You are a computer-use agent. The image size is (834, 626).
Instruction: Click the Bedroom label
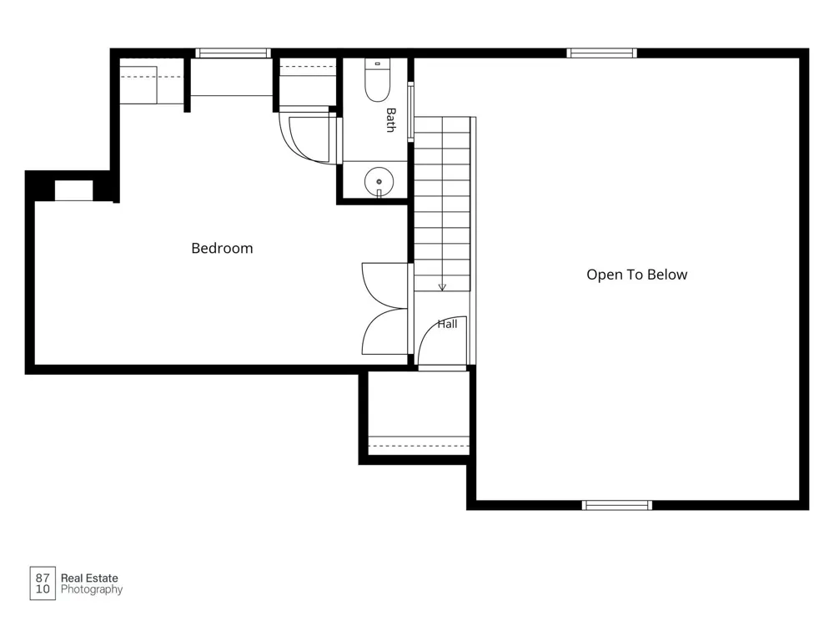pos(222,248)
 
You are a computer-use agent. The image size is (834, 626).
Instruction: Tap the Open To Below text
pos(636,275)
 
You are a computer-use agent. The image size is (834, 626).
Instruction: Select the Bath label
pos(391,119)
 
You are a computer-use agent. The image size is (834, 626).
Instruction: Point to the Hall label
pos(447,324)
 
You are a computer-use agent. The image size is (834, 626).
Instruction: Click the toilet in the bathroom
pos(377,80)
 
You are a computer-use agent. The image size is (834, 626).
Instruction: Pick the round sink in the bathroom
pos(379,181)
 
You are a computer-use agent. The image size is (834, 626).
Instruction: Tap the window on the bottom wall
pos(617,505)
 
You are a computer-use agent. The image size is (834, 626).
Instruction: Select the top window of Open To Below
pos(601,53)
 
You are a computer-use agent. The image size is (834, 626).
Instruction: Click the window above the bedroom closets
pos(233,53)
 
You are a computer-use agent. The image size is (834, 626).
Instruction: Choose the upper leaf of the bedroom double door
pos(384,285)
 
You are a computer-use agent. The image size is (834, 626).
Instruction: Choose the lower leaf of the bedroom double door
pos(384,331)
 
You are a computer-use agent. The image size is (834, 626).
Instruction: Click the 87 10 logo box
pos(43,583)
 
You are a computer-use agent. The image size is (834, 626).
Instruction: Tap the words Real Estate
pos(89,578)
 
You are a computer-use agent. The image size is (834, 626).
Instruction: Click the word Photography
pos(92,589)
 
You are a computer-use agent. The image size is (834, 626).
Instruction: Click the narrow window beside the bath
pos(410,112)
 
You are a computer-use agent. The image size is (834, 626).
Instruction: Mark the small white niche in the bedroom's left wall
pos(74,190)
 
